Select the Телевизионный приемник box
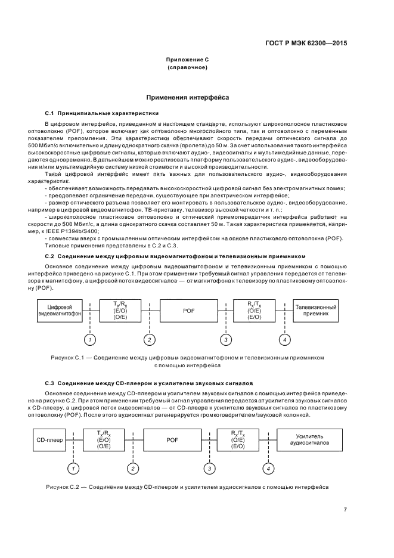point(316,309)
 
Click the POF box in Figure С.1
point(188,309)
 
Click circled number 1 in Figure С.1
point(89,339)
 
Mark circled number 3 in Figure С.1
point(225,339)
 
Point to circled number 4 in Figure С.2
point(269,469)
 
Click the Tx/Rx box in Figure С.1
point(120,309)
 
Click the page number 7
point(345,509)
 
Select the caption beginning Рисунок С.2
point(187,487)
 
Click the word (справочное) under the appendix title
point(188,67)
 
